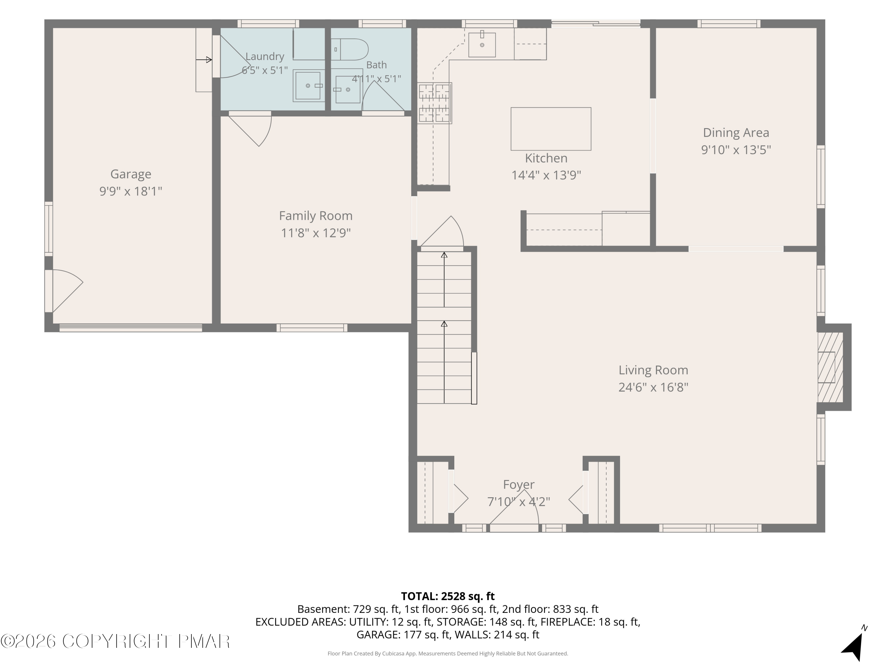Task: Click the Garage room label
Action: point(131,174)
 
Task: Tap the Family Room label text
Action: point(316,216)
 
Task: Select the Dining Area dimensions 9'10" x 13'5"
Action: point(736,150)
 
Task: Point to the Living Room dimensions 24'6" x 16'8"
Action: point(653,387)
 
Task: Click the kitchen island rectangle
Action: point(550,129)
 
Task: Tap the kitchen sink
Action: point(482,45)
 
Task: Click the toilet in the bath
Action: point(349,49)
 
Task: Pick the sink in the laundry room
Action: point(309,85)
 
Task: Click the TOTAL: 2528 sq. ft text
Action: point(448,596)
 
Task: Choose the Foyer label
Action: point(518,484)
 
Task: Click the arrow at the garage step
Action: point(204,60)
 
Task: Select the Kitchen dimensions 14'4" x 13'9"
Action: point(546,175)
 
